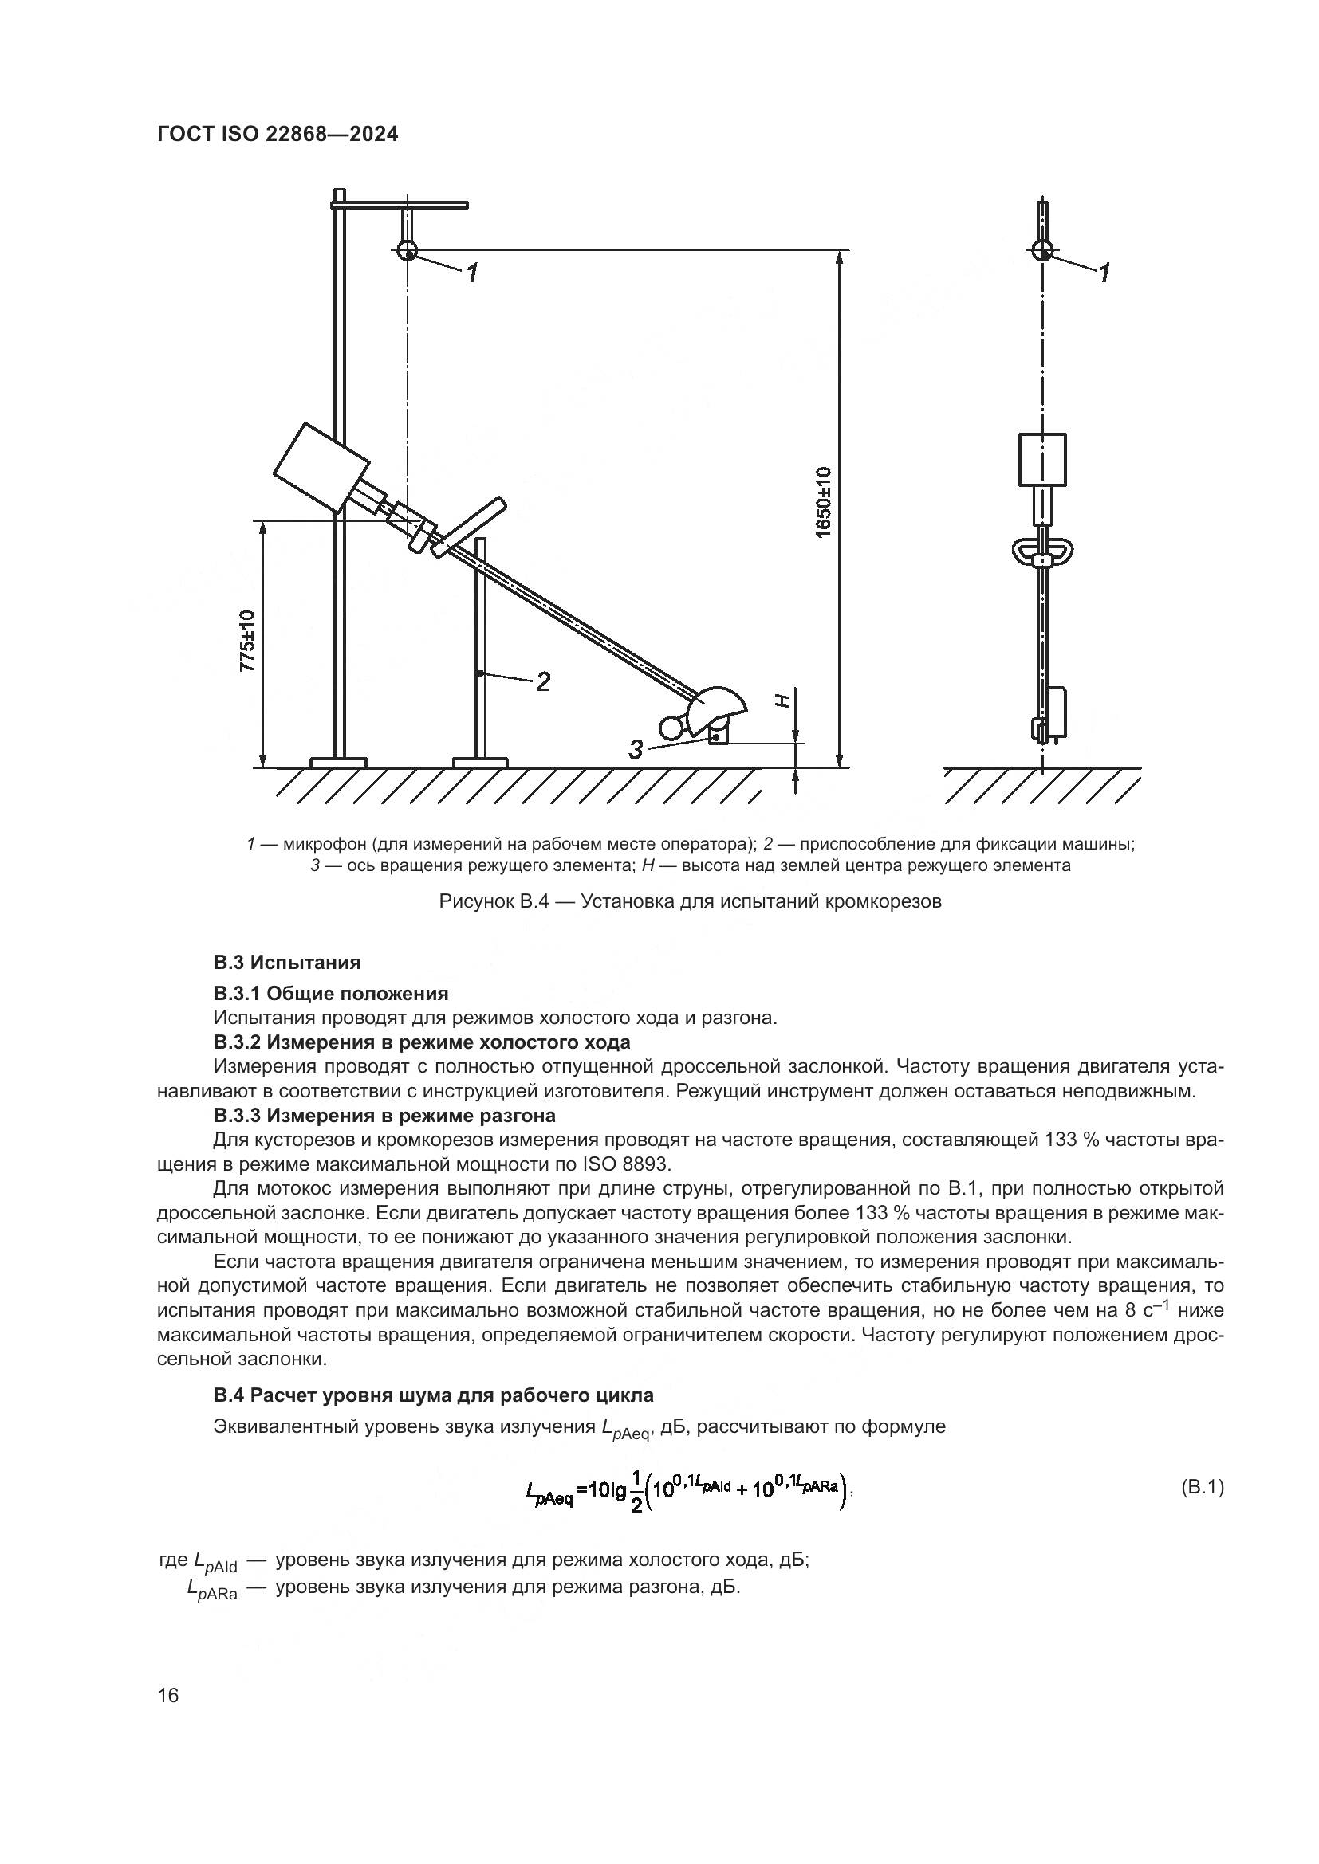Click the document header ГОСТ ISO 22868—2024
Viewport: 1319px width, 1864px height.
coord(277,134)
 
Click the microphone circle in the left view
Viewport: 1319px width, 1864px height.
coord(407,250)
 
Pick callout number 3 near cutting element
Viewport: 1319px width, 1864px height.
coord(636,749)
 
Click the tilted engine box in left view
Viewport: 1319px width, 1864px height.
coord(320,468)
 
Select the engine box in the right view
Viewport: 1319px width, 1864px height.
coord(1042,459)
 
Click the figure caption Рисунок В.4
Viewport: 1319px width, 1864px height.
coord(690,901)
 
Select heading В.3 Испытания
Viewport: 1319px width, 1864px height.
coord(287,962)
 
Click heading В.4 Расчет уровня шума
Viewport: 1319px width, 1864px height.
coord(433,1395)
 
